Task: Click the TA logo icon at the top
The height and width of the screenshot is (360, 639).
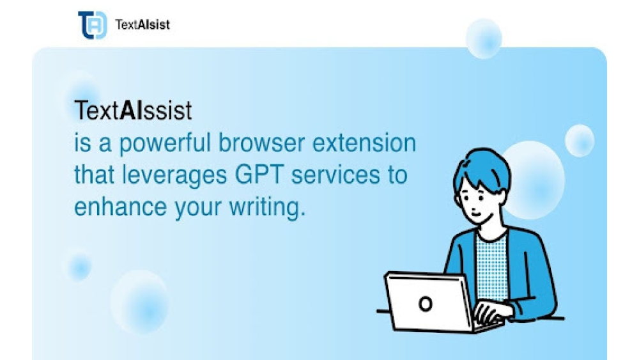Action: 92,25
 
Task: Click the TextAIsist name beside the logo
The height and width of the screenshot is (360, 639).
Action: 142,26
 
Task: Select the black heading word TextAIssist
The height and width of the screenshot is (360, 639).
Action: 133,111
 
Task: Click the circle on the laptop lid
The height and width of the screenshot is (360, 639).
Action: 425,303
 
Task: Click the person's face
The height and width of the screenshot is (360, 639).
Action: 474,198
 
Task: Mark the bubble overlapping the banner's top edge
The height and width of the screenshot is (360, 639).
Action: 484,38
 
